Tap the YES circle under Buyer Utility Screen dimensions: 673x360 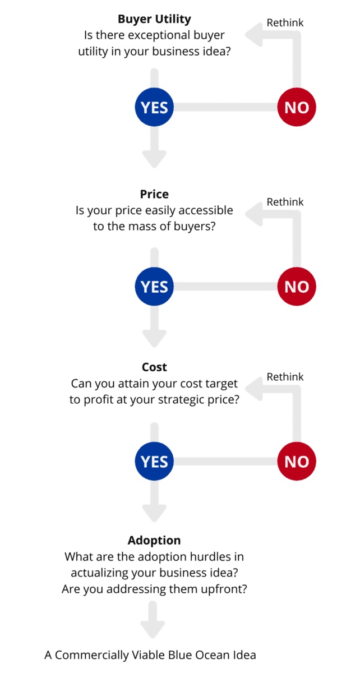[x=154, y=107]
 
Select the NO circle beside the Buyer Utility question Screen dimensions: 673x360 [x=297, y=107]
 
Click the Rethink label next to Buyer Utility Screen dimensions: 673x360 [x=285, y=23]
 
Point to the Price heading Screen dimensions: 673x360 [x=154, y=195]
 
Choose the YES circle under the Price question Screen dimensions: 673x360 [x=154, y=287]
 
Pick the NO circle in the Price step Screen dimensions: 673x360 [x=297, y=287]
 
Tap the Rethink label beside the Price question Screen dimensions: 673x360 [x=285, y=202]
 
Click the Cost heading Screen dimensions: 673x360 [x=154, y=367]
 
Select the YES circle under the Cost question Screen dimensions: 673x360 [x=154, y=462]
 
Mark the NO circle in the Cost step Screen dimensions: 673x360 [x=297, y=462]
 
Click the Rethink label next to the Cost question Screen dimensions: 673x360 [x=285, y=377]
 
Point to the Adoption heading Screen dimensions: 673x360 [x=154, y=541]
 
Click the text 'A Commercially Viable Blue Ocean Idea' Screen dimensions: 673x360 [x=150, y=654]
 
